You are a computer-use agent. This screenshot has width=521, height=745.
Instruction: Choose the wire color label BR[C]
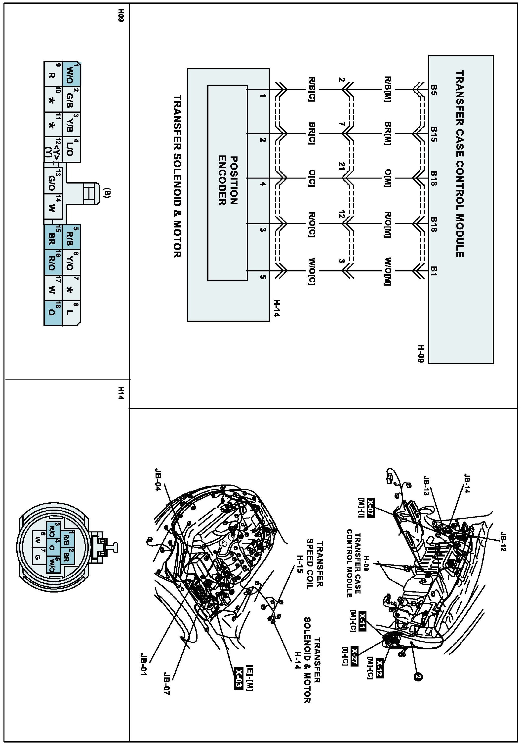click(x=312, y=133)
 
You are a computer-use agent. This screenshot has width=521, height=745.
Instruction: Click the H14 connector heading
click(x=121, y=393)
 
